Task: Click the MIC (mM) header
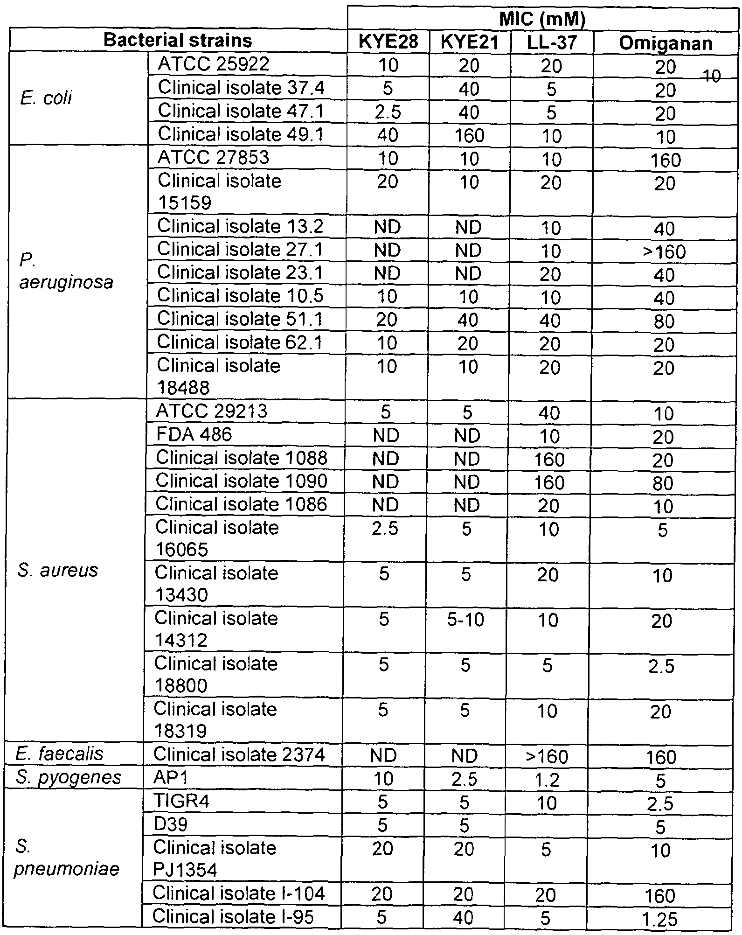(542, 20)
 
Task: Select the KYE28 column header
(388, 42)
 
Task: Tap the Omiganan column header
(666, 43)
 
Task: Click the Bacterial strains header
(178, 41)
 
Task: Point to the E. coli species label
(46, 98)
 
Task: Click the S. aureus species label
(58, 570)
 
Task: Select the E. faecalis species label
(59, 754)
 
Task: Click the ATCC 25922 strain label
(214, 64)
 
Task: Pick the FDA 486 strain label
(194, 434)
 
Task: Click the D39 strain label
(171, 824)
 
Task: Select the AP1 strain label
(170, 777)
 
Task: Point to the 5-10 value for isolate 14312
(466, 620)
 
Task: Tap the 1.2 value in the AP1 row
(548, 779)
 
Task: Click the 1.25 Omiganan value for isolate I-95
(659, 919)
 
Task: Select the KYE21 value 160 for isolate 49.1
(469, 136)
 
